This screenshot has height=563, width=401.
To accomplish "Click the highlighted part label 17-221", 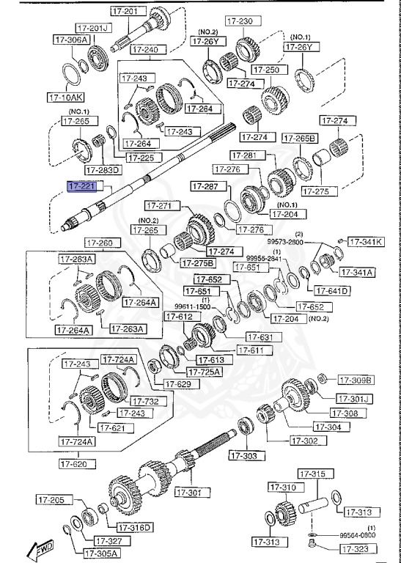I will tap(81, 187).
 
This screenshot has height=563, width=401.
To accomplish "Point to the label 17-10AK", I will tap(66, 96).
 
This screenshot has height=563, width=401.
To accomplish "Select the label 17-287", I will tap(205, 186).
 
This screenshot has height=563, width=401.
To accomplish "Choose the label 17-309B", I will tap(356, 380).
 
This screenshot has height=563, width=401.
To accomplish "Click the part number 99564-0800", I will tap(356, 536).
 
